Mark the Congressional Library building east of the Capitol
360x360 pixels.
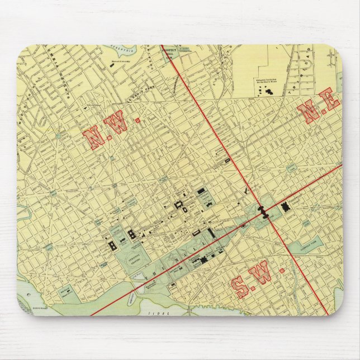pyautogui.click(x=287, y=207)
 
